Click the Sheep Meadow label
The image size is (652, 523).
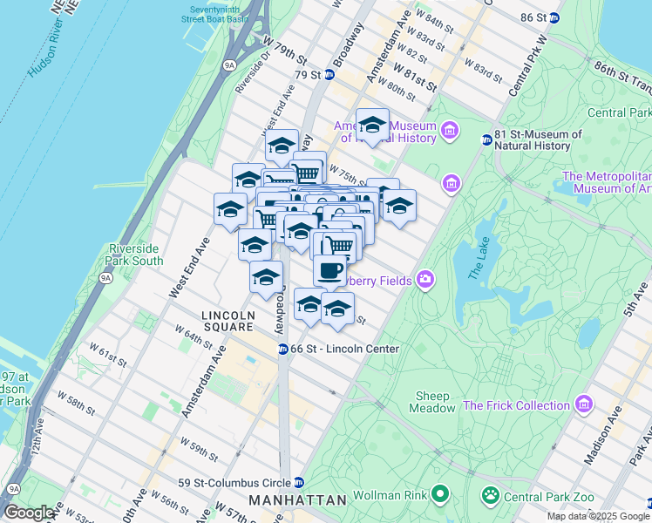pyautogui.click(x=432, y=401)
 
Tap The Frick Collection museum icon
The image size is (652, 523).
pyautogui.click(x=583, y=405)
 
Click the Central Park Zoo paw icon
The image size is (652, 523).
pyautogui.click(x=492, y=496)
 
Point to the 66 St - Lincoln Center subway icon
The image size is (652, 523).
pyautogui.click(x=283, y=349)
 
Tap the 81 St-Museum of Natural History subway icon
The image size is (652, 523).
pyautogui.click(x=487, y=140)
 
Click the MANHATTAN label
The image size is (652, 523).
pyautogui.click(x=297, y=500)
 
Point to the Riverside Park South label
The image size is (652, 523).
pyautogui.click(x=134, y=254)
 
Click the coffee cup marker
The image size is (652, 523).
pyautogui.click(x=330, y=271)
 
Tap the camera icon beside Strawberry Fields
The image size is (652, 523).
pyautogui.click(x=424, y=280)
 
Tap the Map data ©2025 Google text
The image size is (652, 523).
pyautogui.click(x=597, y=516)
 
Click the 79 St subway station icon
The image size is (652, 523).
pyautogui.click(x=329, y=75)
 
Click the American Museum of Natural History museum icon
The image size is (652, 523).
pyautogui.click(x=450, y=131)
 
